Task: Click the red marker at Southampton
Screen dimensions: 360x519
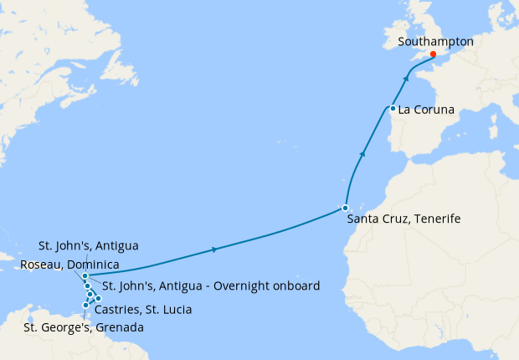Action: tap(433, 54)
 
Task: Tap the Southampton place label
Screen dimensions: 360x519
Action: tap(436, 41)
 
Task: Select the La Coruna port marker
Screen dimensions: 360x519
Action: tap(393, 108)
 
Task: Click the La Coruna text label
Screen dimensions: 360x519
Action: tap(428, 109)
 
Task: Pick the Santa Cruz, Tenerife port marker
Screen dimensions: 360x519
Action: tap(345, 208)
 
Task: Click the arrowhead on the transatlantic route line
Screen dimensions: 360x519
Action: tap(216, 249)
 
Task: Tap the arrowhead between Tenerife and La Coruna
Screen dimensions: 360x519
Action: tap(362, 154)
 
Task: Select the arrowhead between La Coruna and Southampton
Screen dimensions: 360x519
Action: tap(407, 78)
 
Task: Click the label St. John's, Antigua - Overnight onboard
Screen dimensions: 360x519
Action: tap(211, 286)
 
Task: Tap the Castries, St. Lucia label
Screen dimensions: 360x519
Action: tap(143, 310)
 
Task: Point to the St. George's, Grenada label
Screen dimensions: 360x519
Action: tap(83, 327)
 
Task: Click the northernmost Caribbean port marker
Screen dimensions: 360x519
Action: tap(85, 275)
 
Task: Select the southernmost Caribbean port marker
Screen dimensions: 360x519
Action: tap(85, 305)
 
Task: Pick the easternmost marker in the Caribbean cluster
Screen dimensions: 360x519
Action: tap(98, 298)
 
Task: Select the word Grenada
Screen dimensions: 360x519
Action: tap(119, 327)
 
